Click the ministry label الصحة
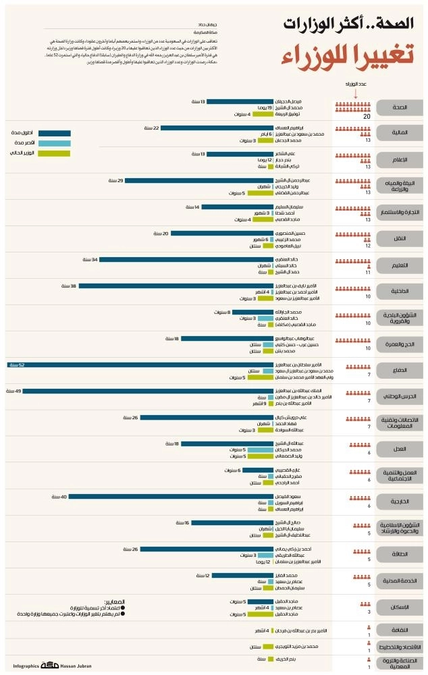click(400, 107)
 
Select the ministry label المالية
click(400, 132)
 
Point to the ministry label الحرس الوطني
click(400, 397)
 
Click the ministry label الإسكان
click(400, 607)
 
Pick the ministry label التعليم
click(400, 265)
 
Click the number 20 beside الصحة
click(367, 117)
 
